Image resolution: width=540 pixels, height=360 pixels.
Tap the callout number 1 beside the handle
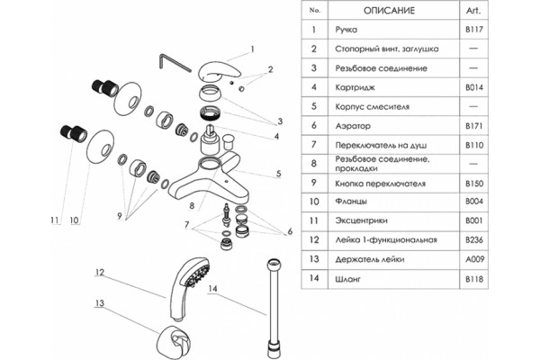tap(252, 49)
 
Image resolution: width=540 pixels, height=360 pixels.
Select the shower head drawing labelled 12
tap(188, 288)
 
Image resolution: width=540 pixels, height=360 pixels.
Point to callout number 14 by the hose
tap(212, 288)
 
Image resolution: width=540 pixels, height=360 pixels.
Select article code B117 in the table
tap(474, 30)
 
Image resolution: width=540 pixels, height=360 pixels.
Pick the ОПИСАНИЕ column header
tap(389, 11)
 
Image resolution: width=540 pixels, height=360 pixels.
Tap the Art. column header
tap(473, 11)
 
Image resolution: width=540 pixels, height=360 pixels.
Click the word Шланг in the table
tap(347, 279)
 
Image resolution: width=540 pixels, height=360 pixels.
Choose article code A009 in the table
tap(474, 259)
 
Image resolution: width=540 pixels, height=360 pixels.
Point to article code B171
tap(474, 126)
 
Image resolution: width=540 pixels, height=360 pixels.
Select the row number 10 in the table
tap(314, 202)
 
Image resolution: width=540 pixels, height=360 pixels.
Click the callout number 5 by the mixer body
tap(279, 174)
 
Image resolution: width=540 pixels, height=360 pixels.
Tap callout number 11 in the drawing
tap(54, 220)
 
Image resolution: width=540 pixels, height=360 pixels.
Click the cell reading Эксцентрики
tap(361, 220)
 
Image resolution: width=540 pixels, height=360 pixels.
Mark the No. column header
tap(314, 11)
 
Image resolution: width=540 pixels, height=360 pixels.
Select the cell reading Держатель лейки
tap(370, 259)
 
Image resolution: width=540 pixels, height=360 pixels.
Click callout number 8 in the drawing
tap(192, 206)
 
